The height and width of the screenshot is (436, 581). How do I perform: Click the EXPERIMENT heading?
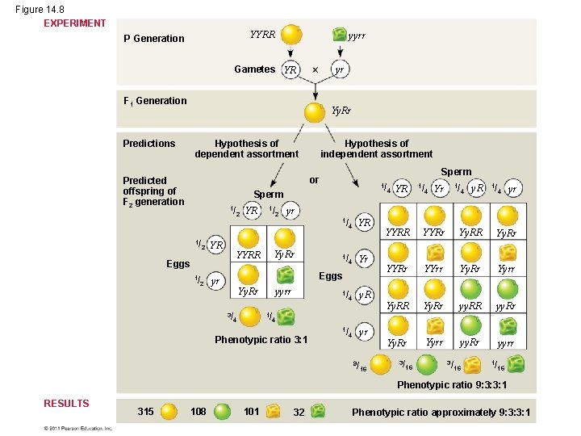(74, 23)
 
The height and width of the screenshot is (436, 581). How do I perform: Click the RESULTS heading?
(66, 403)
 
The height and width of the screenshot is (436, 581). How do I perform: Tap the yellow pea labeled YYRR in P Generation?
(291, 35)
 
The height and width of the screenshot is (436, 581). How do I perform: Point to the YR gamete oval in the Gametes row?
(289, 69)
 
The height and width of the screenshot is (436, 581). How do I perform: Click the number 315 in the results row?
(146, 412)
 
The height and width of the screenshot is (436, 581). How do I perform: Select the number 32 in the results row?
(299, 412)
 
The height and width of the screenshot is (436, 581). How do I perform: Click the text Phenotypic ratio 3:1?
(261, 339)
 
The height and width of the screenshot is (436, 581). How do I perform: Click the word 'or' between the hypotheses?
(314, 179)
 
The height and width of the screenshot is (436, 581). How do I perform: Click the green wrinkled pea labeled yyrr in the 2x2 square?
(284, 275)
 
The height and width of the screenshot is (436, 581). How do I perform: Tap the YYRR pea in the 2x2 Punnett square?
(249, 238)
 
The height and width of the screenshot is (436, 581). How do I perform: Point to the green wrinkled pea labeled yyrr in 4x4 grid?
(507, 325)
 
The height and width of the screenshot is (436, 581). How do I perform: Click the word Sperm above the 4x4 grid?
(456, 171)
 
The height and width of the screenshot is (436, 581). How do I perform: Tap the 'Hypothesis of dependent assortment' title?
(246, 149)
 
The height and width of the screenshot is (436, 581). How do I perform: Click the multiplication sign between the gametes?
(315, 69)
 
